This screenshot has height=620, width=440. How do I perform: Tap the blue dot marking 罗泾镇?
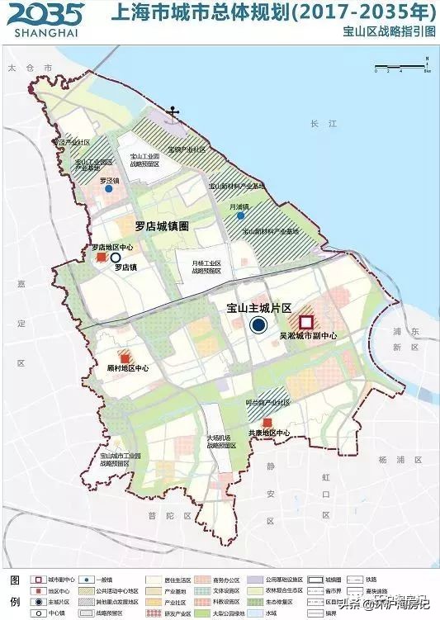[108, 189]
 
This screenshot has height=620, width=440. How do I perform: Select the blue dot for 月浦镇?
[240, 215]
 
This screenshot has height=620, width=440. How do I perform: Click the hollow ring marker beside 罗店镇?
[116, 258]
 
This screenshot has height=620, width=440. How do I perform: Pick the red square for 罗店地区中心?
[102, 258]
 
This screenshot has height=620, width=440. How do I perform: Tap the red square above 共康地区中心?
[267, 423]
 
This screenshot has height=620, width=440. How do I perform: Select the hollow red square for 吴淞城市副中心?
[306, 323]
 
